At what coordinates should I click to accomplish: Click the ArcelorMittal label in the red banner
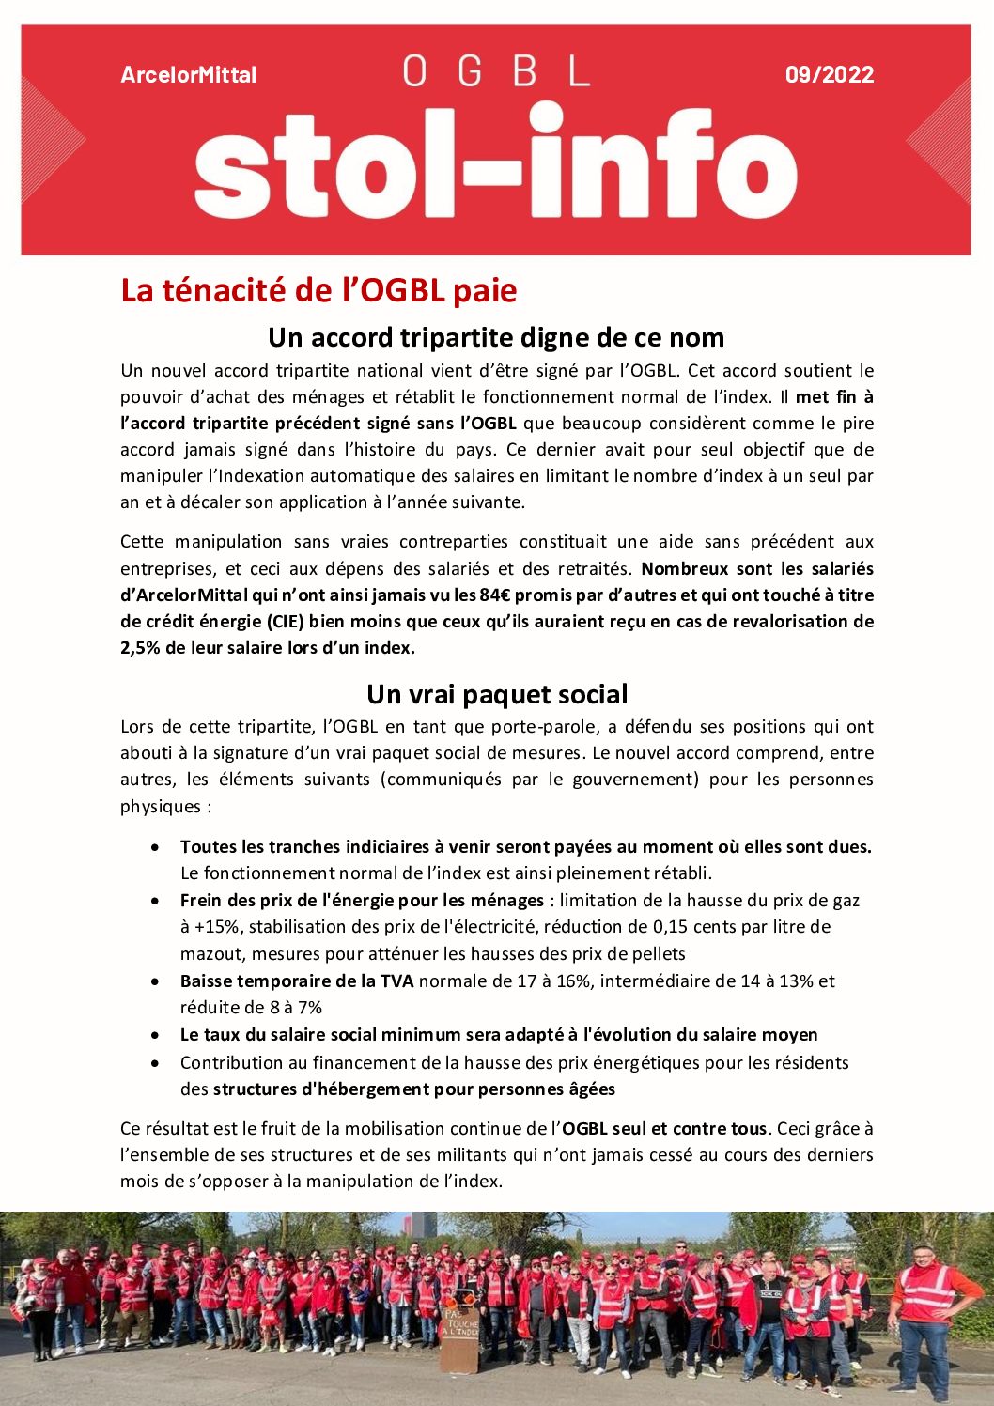(188, 75)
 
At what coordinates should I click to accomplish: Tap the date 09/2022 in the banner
(830, 75)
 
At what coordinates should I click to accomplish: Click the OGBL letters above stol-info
(496, 71)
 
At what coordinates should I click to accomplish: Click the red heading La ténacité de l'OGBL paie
(318, 290)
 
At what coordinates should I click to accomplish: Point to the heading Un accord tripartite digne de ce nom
(496, 337)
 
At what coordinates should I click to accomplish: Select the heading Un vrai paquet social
(496, 694)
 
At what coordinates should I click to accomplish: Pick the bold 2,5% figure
(140, 647)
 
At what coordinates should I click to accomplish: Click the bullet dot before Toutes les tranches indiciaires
(155, 847)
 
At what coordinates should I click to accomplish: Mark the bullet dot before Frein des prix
(155, 901)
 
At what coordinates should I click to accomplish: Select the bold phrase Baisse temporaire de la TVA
(296, 981)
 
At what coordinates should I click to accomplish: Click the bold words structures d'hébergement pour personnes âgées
(413, 1089)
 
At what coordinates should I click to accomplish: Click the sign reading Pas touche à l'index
(460, 1325)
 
